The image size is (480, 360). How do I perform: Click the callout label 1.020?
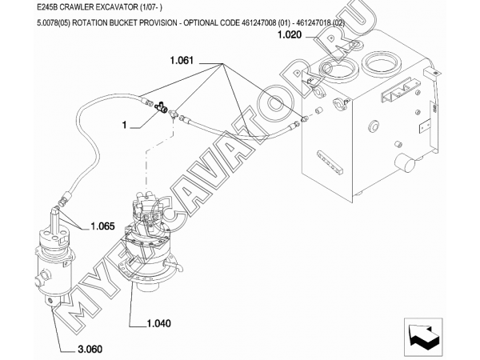coord(290,35)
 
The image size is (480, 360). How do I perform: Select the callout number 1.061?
coord(182,60)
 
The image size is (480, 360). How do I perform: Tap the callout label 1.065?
coord(102,226)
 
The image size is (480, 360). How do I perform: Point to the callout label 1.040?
coord(159,323)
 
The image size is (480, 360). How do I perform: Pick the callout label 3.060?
coord(90,349)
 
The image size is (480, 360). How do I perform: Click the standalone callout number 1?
coord(124,125)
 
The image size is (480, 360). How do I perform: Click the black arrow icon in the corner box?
coord(423,338)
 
